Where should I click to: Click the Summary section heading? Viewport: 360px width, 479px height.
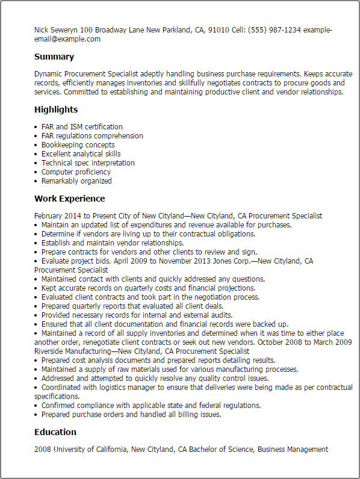tap(54, 57)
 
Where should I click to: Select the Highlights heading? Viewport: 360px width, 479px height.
tap(56, 110)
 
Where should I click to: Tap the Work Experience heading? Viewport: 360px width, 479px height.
tap(69, 199)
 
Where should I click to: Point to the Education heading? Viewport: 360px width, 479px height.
tap(55, 432)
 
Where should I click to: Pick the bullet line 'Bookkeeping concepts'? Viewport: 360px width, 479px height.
tap(78, 145)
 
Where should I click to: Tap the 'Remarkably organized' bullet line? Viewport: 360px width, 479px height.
tap(76, 181)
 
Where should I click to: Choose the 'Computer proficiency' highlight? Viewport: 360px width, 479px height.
tap(76, 172)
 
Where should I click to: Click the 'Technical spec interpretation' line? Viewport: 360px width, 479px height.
tap(88, 163)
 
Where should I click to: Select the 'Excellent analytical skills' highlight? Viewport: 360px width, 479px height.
tap(81, 154)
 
